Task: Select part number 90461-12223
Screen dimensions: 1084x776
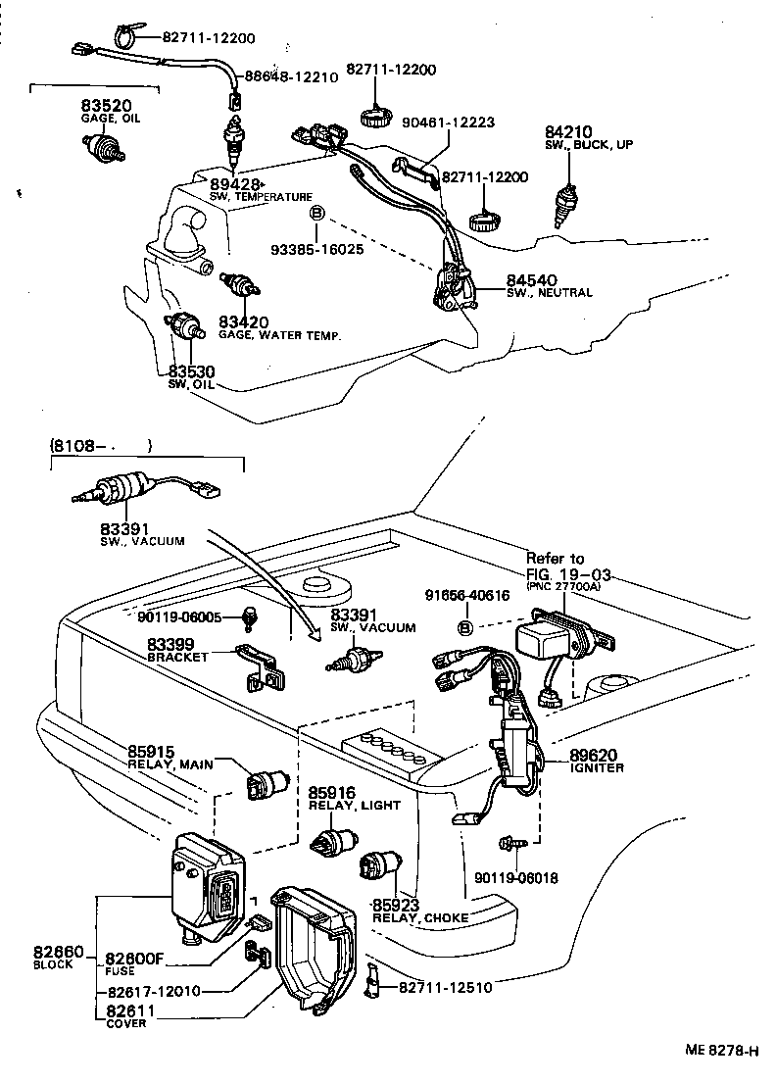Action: coord(448,123)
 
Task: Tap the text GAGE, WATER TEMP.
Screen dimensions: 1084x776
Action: coord(279,336)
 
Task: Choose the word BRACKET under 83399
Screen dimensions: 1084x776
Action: coord(177,658)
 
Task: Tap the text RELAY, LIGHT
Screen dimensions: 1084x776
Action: coord(355,806)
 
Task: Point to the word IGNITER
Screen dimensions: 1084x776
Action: coord(598,769)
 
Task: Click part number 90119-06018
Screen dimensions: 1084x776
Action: coord(515,878)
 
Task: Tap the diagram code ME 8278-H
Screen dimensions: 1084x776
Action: coord(720,1051)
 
